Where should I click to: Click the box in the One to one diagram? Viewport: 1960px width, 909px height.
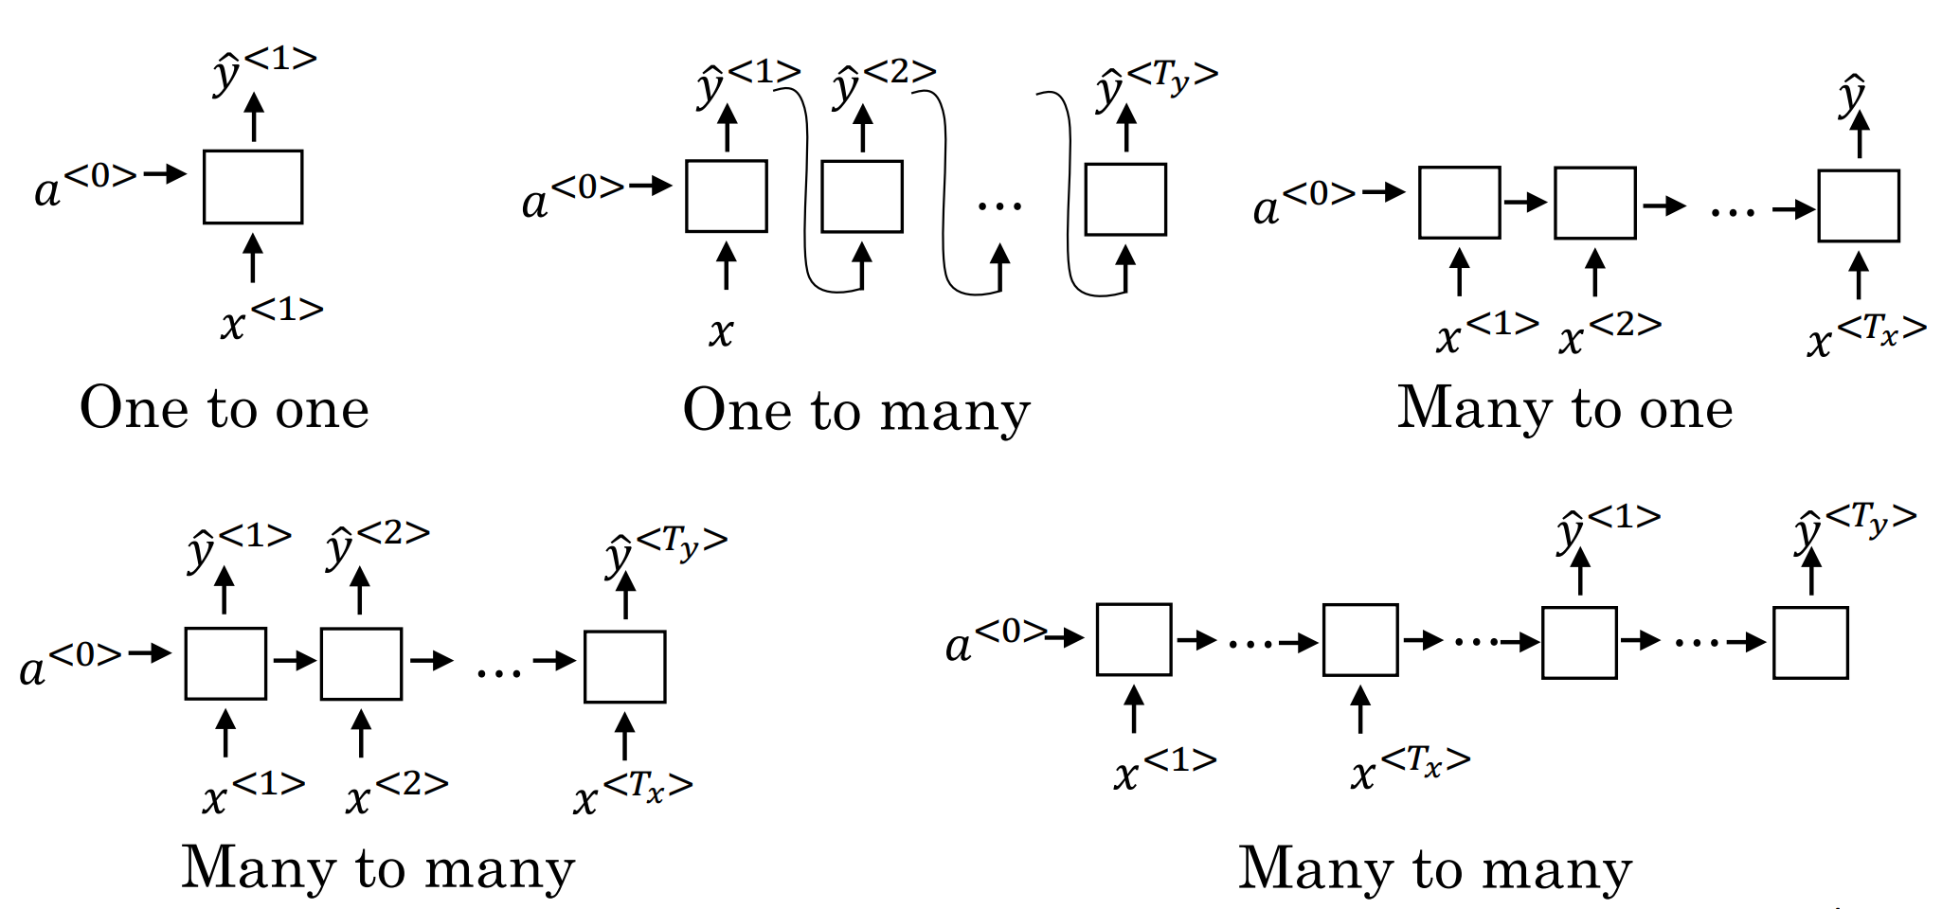(253, 187)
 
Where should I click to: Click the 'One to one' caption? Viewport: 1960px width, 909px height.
(225, 408)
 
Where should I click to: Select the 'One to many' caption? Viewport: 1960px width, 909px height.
(856, 411)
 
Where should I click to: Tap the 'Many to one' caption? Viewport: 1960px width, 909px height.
(1565, 408)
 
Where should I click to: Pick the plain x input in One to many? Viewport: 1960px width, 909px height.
(721, 331)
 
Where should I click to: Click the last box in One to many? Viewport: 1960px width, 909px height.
(1125, 200)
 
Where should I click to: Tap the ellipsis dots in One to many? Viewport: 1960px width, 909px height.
(999, 205)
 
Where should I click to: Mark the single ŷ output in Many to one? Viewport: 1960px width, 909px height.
(1852, 95)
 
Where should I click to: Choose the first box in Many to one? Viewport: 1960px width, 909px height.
(1459, 203)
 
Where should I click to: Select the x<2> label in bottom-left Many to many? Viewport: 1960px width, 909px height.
(397, 793)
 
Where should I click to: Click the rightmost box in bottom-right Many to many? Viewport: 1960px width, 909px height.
(1810, 643)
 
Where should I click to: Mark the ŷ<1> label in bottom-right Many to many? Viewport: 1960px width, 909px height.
(1609, 528)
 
